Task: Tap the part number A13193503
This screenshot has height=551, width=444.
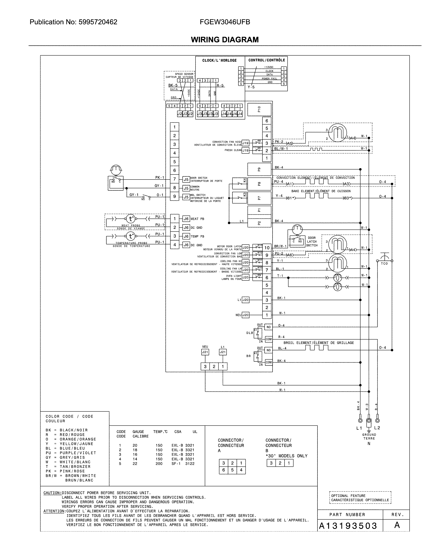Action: click(348, 526)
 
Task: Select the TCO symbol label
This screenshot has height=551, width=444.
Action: click(384, 264)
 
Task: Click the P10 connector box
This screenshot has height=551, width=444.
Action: click(259, 109)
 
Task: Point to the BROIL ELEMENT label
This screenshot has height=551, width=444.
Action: click(318, 343)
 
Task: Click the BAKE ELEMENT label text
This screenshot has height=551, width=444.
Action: click(321, 191)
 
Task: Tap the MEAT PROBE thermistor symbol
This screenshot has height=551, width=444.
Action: click(131, 219)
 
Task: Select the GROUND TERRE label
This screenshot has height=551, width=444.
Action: click(369, 436)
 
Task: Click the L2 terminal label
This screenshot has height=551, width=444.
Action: click(377, 428)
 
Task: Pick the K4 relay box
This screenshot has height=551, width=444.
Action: click(239, 183)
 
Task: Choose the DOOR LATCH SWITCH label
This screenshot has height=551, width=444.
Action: click(312, 242)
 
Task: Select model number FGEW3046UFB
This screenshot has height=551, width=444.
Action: click(225, 22)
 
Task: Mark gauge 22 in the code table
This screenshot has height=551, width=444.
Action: click(135, 464)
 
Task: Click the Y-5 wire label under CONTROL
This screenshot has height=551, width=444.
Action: click(251, 87)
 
